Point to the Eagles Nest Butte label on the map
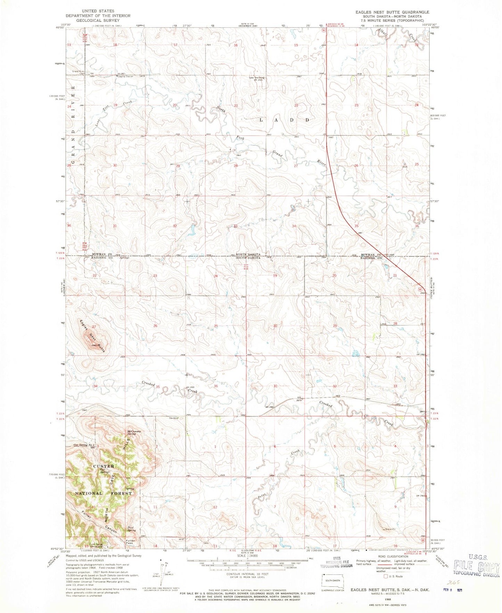[x=92, y=336]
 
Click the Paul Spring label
[x=132, y=529]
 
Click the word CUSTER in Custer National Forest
[x=104, y=466]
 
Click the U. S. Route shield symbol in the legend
[x=385, y=576]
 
